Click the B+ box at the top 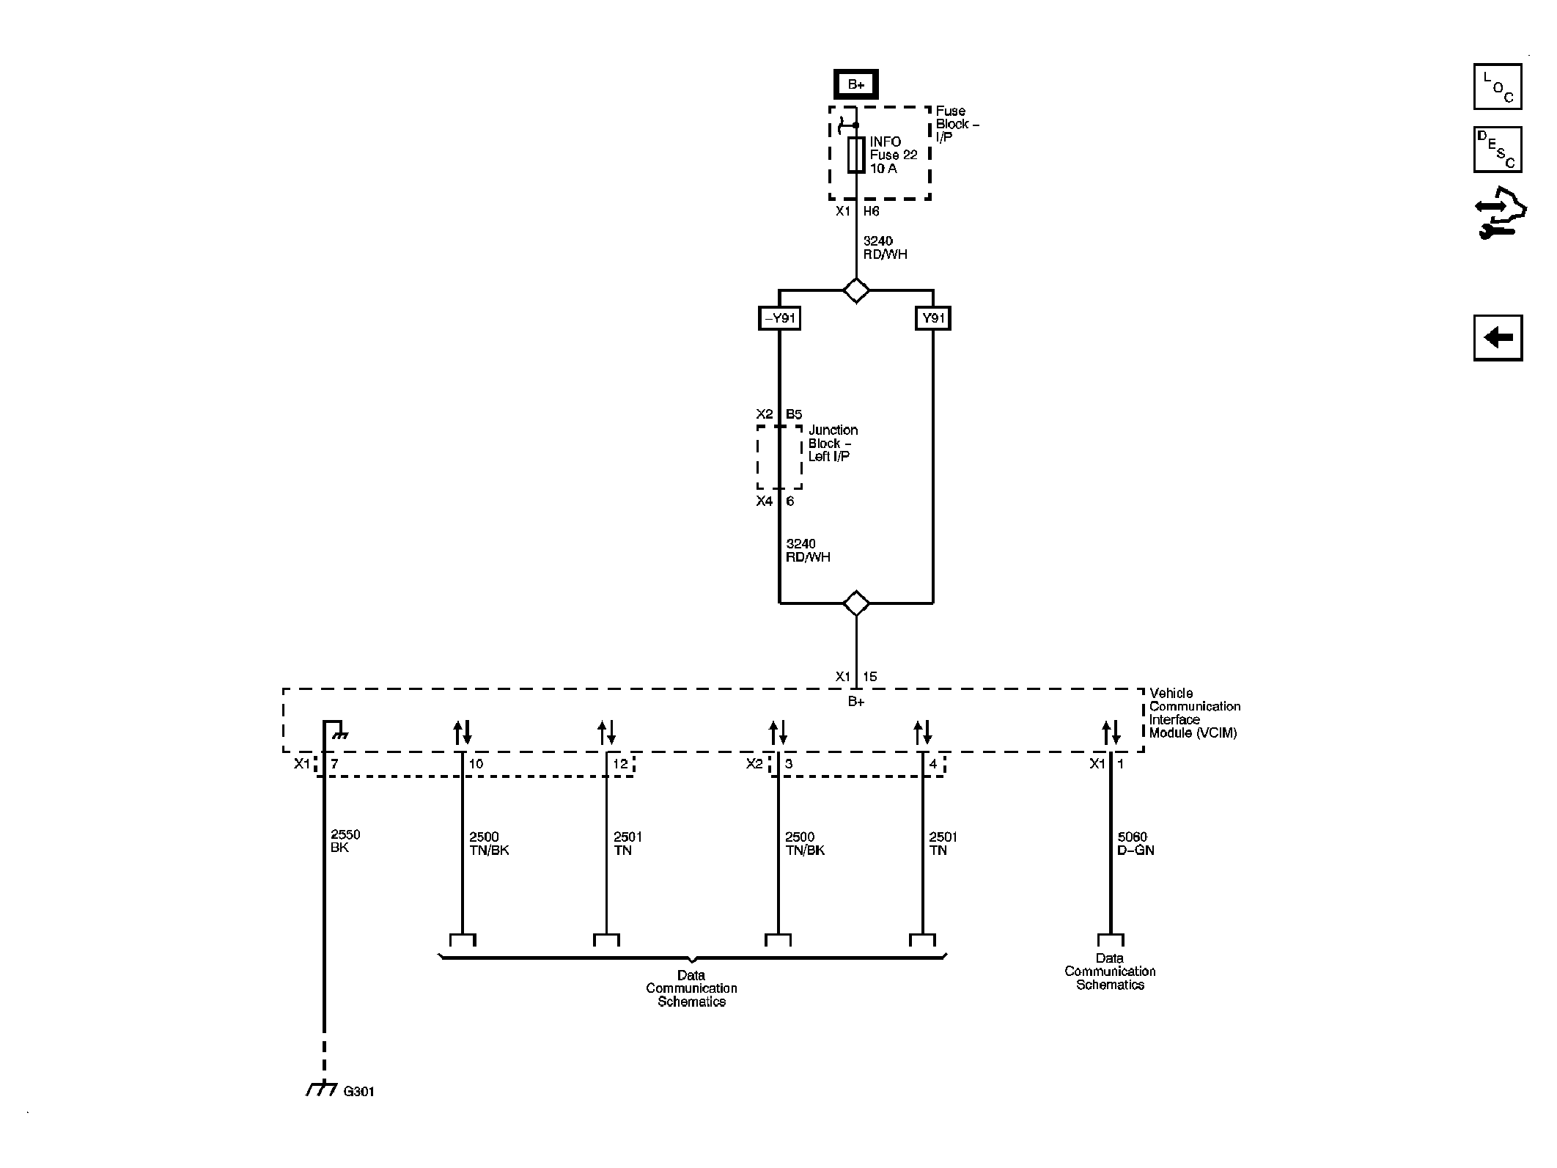coord(855,84)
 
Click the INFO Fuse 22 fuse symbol coord(855,155)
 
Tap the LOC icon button coord(1497,87)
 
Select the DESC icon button coord(1497,150)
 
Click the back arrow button coord(1498,338)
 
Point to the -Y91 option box coord(778,318)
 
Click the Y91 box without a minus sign coord(933,318)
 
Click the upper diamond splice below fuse coord(855,290)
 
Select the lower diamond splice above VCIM coord(855,603)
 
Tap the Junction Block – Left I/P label coord(832,443)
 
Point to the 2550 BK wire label coord(345,841)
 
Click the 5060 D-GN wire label coord(1135,843)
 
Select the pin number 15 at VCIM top coord(869,677)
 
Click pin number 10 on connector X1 coord(476,764)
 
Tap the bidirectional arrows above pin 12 coord(606,732)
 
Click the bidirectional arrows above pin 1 coord(1111,732)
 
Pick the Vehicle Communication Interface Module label coord(1194,713)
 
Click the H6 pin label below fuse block coord(871,211)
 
